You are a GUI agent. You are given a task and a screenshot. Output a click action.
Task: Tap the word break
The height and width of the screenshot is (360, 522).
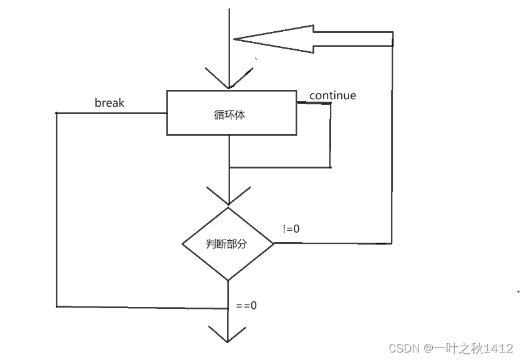[x=109, y=102]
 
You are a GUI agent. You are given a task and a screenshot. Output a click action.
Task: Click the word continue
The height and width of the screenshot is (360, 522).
[x=332, y=95]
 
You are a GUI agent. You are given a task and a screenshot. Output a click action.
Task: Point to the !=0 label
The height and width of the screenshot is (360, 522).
[x=291, y=229]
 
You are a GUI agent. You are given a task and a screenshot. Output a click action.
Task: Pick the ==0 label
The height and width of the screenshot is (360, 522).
[x=247, y=306]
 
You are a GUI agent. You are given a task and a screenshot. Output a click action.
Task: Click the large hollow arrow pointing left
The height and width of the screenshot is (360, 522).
[x=312, y=39]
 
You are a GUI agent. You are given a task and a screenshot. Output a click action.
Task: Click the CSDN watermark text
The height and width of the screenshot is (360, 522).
[x=403, y=348]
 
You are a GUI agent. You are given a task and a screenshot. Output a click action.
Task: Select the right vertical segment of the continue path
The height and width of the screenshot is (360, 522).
[x=331, y=135]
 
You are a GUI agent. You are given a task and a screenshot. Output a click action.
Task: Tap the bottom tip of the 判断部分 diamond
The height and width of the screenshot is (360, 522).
[x=228, y=280]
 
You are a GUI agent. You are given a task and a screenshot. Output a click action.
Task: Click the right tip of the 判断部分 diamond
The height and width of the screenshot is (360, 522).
[x=274, y=243]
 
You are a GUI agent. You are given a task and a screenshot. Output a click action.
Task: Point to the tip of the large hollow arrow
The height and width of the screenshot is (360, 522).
[x=234, y=39]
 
